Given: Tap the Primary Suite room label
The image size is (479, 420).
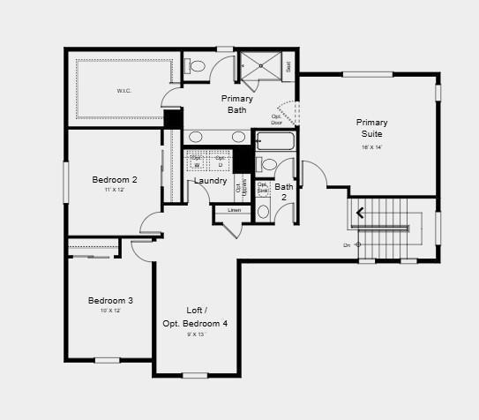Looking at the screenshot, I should coord(371,127).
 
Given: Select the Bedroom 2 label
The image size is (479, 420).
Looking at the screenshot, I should coord(115,180).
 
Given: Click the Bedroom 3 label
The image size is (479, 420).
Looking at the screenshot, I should coord(110,301).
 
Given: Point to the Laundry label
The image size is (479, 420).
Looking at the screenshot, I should coord(211,181).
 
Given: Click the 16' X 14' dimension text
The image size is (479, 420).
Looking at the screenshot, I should coord(371,147).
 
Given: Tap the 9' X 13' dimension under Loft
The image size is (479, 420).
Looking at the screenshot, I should coord(195,335).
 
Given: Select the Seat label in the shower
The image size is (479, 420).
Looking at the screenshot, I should coord(288,66).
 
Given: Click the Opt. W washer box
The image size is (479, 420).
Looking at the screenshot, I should coord(196,162).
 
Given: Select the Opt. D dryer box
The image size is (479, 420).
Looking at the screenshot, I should coord(220,162).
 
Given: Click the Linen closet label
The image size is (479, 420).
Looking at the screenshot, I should coord(234,210).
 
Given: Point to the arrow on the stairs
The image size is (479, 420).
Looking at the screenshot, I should coord(358,213).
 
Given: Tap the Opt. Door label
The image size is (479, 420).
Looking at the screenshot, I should coord(276,119).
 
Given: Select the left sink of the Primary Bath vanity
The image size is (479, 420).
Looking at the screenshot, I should coord(196,137).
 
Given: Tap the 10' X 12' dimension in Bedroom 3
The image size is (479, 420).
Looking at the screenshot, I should coord(110,311).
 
